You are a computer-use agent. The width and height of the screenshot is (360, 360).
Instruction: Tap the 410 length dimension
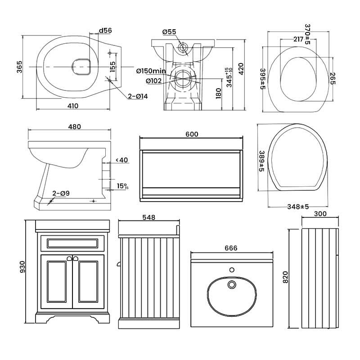point(73,106)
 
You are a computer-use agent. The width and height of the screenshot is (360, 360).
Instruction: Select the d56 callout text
point(105,31)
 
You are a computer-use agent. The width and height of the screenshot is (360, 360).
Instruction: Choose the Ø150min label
point(151,71)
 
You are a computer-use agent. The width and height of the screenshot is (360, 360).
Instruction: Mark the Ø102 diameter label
point(154,81)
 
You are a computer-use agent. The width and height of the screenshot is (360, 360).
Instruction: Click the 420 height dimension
point(241,68)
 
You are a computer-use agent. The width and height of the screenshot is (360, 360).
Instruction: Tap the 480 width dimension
point(74,127)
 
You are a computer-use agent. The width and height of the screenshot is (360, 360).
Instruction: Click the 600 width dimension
point(191,134)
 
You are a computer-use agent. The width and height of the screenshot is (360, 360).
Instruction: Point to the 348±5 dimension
point(298,207)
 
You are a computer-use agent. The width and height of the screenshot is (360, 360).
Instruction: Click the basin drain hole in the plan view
point(232,284)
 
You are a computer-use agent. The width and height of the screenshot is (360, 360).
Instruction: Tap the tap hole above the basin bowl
point(232,270)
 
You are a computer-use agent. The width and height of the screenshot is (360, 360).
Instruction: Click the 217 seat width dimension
point(297,39)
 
